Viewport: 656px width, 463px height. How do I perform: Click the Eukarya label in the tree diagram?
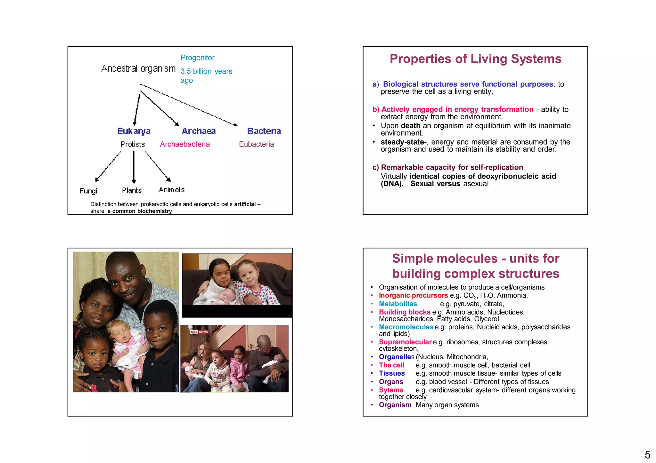(134, 131)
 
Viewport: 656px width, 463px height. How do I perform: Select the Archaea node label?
(199, 131)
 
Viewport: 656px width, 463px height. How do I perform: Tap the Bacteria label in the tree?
(264, 131)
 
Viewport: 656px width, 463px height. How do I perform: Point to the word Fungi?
(88, 191)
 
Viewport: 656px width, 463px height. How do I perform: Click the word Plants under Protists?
(132, 190)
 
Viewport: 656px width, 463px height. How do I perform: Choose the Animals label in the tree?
(171, 190)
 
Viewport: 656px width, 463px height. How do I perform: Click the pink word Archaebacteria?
(185, 144)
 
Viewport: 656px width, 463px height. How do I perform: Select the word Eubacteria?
(256, 144)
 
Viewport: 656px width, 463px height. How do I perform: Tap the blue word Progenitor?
(197, 58)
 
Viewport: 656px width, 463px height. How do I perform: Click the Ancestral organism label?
(138, 68)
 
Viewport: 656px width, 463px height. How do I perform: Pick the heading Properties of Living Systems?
(475, 59)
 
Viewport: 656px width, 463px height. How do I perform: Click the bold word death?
(410, 126)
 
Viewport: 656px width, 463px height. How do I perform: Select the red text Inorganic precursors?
(413, 295)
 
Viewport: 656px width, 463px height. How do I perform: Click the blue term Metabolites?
(398, 304)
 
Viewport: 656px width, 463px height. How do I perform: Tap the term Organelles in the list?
(397, 357)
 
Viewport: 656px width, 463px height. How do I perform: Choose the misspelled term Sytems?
(391, 390)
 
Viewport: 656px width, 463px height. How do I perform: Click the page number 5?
(647, 455)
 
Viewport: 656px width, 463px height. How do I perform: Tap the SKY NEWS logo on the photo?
(199, 332)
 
